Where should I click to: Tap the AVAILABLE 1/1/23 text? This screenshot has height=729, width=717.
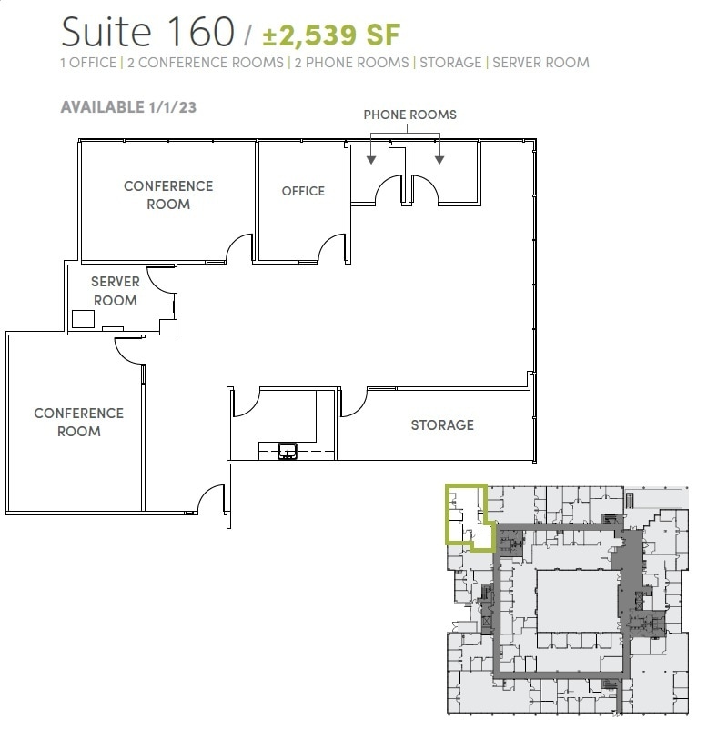(128, 106)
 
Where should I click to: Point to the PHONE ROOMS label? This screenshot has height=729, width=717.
(409, 115)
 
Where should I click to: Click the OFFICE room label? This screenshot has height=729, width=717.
(303, 191)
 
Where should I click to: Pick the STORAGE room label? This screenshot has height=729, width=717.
(442, 424)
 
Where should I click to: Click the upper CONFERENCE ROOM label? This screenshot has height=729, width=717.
(168, 195)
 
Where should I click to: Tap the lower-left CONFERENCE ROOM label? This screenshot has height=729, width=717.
(78, 422)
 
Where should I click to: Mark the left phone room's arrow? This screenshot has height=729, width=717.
(370, 159)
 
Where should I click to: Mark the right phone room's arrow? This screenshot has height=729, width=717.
(439, 159)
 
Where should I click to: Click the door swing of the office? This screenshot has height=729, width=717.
(332, 248)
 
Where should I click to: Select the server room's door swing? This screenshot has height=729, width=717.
(164, 280)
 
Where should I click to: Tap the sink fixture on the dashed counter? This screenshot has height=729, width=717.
(288, 449)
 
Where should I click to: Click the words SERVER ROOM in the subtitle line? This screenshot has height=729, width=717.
(540, 63)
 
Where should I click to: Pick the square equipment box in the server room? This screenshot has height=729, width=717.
(84, 318)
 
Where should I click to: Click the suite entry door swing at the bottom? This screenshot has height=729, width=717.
(211, 497)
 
